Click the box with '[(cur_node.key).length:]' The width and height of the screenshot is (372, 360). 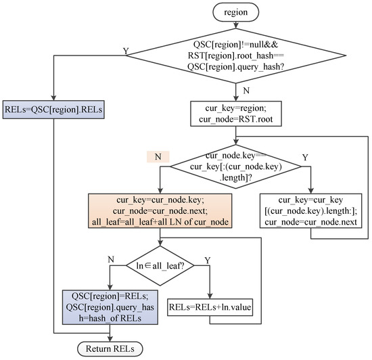[x=312, y=214]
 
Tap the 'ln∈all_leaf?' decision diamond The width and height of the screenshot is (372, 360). [x=160, y=262]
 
